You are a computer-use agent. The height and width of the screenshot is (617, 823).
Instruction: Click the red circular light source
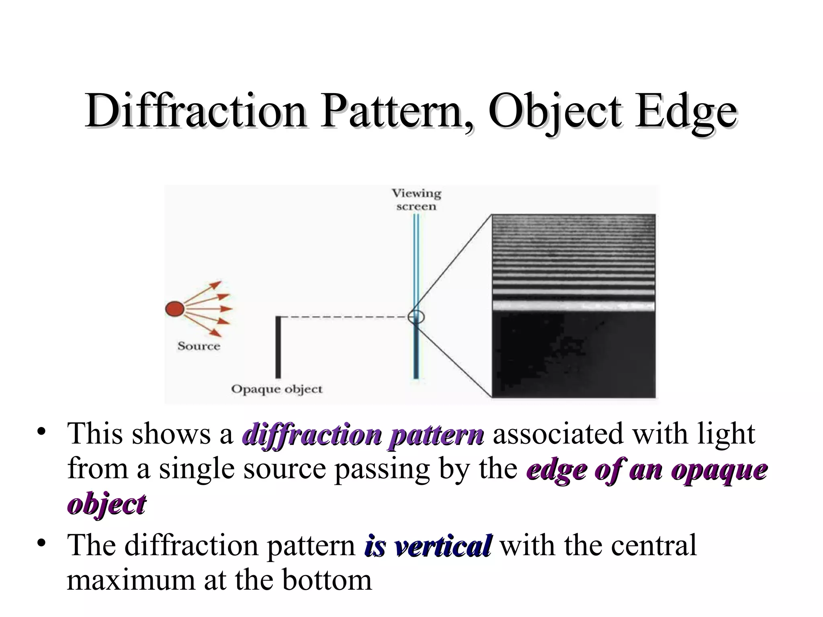175,309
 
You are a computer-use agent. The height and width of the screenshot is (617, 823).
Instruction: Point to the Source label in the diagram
199,346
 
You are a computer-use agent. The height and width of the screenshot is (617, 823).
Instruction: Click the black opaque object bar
278,347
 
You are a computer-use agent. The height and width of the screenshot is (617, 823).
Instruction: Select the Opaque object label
277,389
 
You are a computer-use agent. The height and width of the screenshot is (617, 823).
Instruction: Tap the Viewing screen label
416,200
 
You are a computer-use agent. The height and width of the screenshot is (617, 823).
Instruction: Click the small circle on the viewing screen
416,317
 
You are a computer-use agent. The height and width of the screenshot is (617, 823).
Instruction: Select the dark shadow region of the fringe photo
573,355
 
